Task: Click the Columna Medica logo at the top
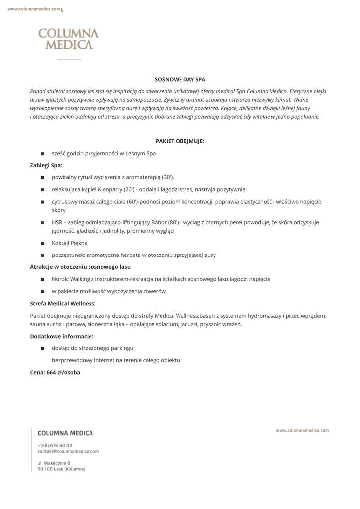[69, 39]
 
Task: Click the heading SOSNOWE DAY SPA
[180, 79]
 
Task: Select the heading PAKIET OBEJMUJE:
[180, 141]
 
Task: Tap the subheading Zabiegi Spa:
[46, 165]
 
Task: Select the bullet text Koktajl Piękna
[70, 243]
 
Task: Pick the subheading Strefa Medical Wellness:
[63, 303]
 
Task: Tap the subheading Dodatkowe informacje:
[62, 336]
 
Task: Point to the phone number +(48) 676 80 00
[55, 445]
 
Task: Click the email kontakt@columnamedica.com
[68, 451]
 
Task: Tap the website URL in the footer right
[302, 430]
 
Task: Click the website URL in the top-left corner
[34, 9]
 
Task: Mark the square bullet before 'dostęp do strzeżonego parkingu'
[43, 348]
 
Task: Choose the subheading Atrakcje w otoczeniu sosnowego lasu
[80, 267]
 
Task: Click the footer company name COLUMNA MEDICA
[65, 433]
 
